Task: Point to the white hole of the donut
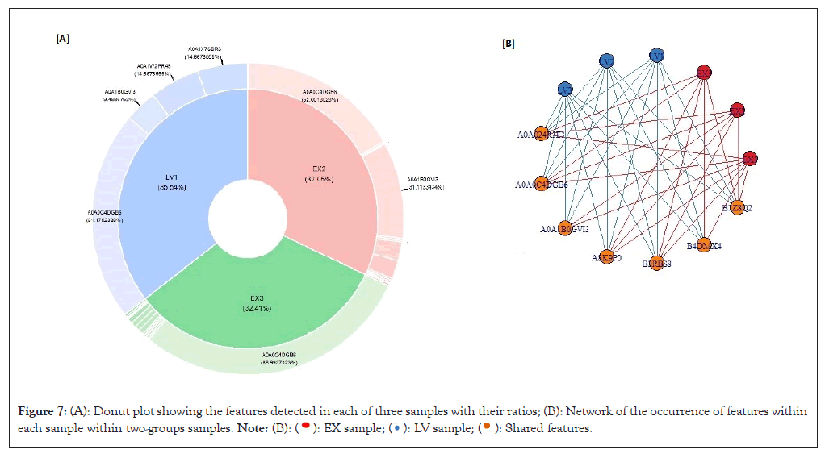pyautogui.click(x=247, y=216)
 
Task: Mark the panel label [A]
pyautogui.click(x=62, y=38)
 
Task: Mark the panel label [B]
pyautogui.click(x=508, y=44)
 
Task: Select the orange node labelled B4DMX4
pyautogui.click(x=704, y=245)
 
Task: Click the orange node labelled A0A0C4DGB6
pyautogui.click(x=542, y=184)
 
